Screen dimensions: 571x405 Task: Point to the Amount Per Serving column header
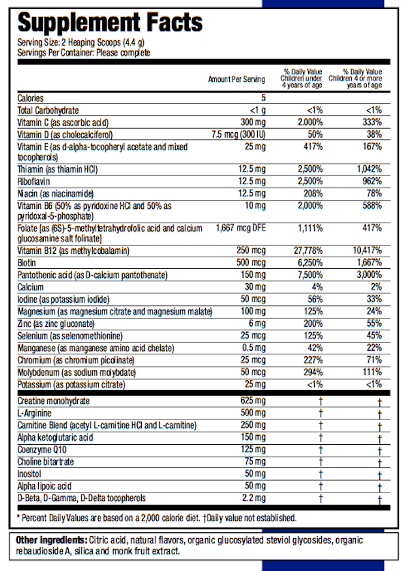[x=236, y=80]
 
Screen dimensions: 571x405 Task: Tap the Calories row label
[x=31, y=98]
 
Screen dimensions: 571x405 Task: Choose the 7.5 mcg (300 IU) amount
[x=238, y=134]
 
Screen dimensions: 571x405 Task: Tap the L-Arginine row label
[x=35, y=413]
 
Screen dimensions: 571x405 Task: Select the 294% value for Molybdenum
[x=311, y=372]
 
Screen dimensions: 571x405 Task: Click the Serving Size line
[x=81, y=42]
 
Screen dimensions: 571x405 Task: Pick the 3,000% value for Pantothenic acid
[x=367, y=275]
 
